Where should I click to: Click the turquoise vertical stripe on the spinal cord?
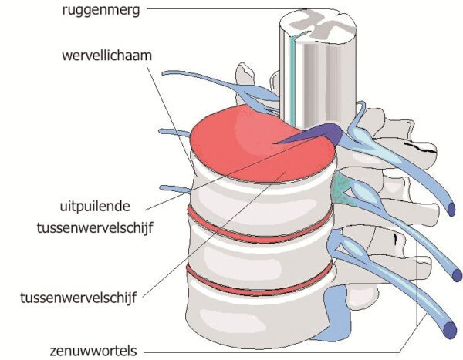pos(294,77)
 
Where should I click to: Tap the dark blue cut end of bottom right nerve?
pos(449,330)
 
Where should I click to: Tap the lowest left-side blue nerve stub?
pos(174,187)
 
